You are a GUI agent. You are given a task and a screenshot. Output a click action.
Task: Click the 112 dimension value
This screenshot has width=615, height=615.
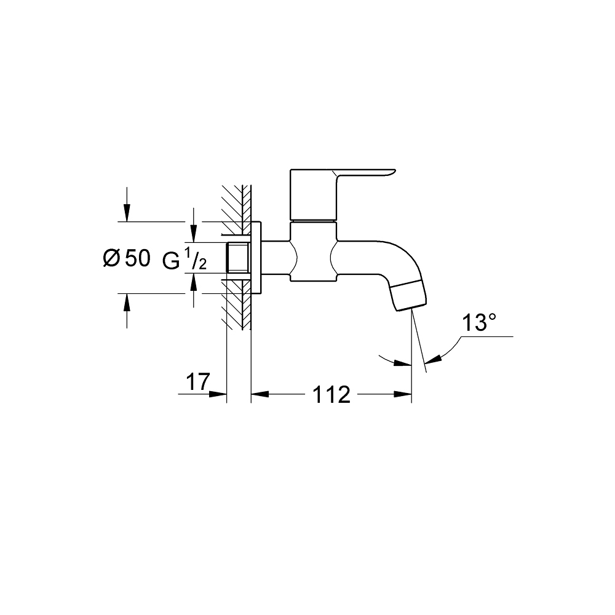(331, 395)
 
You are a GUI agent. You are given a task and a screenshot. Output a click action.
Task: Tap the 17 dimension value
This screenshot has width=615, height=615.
(197, 382)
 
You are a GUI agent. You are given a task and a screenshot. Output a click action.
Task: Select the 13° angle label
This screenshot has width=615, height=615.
(479, 323)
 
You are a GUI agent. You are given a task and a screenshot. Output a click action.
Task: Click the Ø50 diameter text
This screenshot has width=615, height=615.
(126, 259)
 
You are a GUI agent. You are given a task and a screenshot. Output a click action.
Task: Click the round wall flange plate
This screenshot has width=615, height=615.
(256, 258)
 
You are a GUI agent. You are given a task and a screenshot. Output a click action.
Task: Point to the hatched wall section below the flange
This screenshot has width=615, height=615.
(237, 311)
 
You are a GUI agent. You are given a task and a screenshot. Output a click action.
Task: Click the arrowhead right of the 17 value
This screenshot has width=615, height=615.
(219, 394)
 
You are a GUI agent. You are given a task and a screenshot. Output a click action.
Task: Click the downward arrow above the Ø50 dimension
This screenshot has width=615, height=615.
(127, 213)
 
